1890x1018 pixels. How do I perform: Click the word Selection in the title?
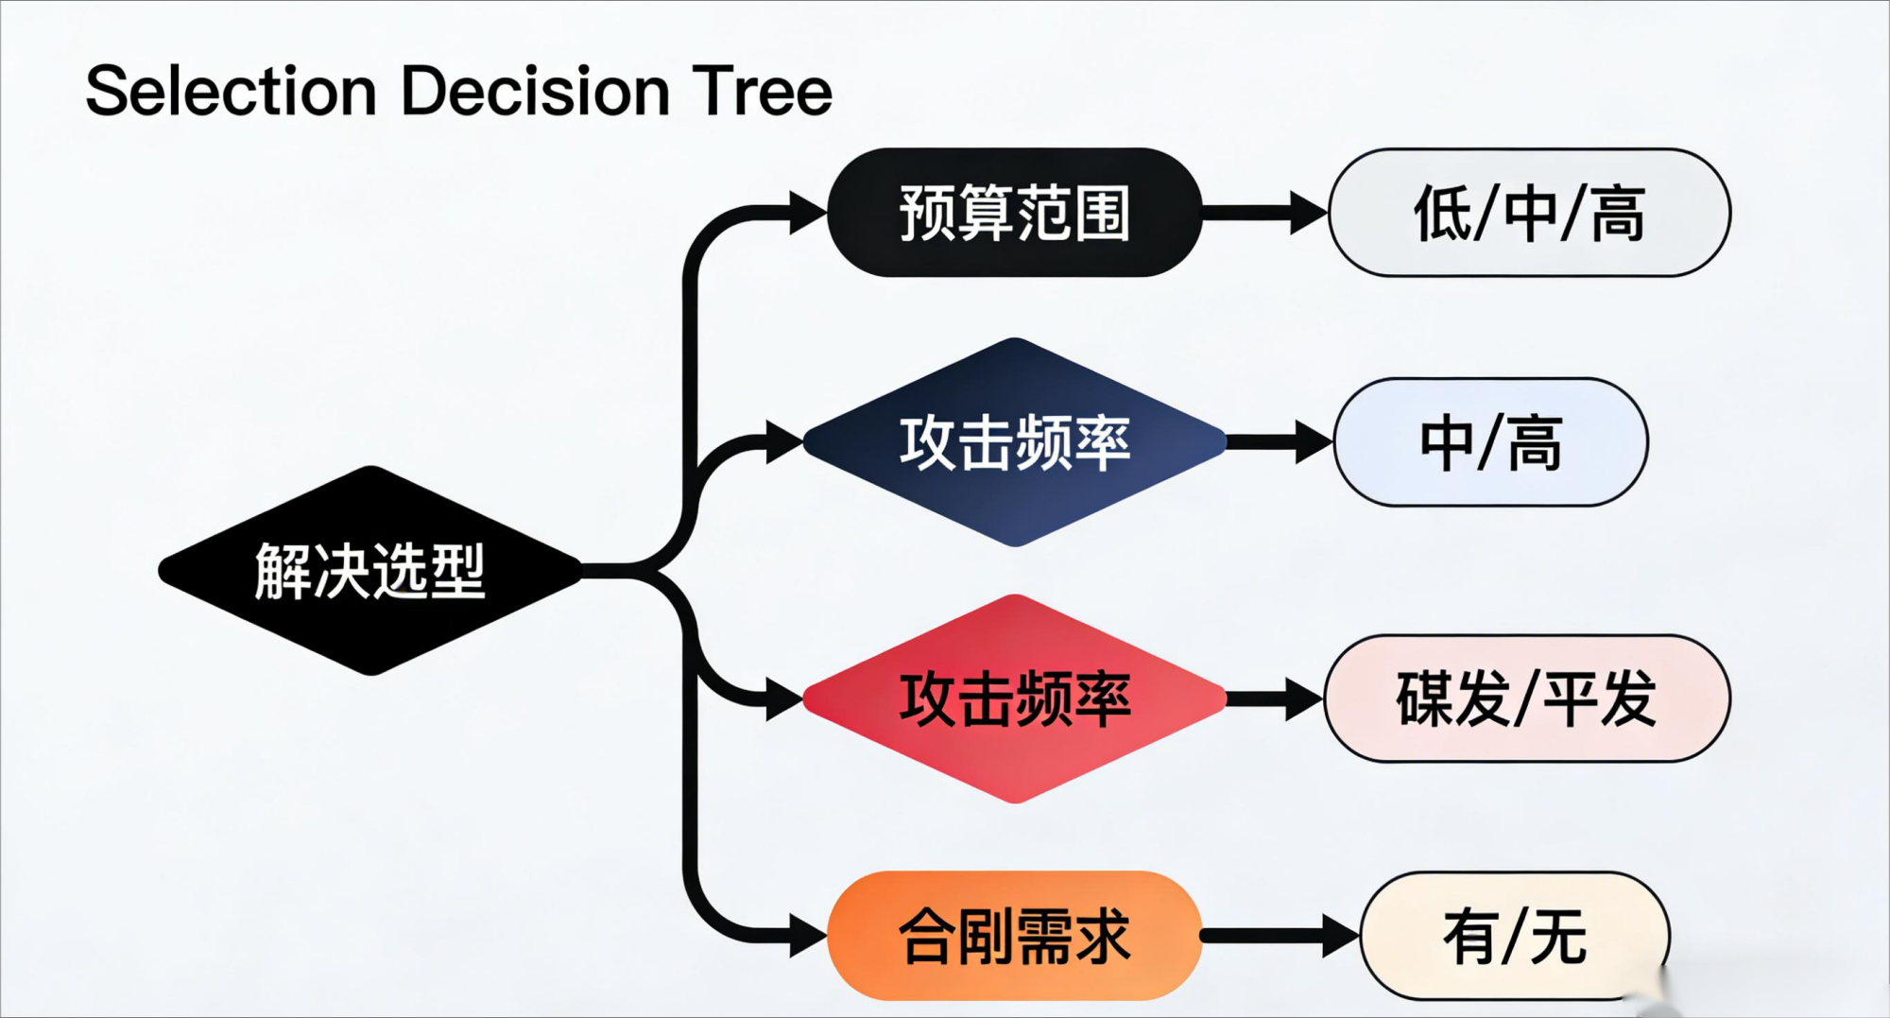pos(231,92)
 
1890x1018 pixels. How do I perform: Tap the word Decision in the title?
pos(535,92)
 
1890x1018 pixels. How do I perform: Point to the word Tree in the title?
pos(762,92)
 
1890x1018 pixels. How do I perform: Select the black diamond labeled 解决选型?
pos(370,571)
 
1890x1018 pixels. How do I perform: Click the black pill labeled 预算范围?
pos(1014,213)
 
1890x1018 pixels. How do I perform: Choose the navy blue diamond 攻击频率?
pos(1014,442)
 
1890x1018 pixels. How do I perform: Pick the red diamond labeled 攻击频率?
pos(1014,699)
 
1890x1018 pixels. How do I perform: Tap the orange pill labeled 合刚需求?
pos(1014,936)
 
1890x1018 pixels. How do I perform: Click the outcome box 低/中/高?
pos(1529,213)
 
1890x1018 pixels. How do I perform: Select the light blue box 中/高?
pos(1490,442)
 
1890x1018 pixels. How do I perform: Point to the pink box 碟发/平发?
pos(1526,699)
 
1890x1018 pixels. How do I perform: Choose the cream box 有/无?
pos(1514,936)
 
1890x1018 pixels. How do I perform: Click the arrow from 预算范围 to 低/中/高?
pos(1262,213)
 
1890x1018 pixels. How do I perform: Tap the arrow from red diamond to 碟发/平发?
pos(1273,699)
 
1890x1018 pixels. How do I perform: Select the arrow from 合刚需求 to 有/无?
pos(1278,936)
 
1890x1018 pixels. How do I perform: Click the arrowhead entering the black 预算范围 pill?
pos(806,212)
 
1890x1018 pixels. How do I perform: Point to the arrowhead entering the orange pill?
pos(806,936)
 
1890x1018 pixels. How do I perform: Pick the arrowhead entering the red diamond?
pos(783,699)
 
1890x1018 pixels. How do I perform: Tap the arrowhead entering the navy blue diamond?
pos(783,442)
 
